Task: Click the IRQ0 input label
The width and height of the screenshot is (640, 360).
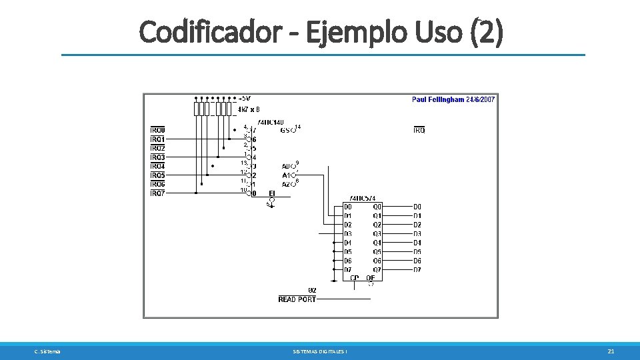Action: point(158,130)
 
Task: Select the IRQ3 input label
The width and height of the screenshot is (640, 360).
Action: point(158,157)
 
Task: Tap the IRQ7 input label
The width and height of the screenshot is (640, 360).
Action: point(158,193)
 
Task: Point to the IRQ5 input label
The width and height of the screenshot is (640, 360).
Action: point(158,175)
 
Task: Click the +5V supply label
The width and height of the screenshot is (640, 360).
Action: point(245,99)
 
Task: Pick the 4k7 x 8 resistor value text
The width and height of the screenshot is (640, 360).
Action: point(249,109)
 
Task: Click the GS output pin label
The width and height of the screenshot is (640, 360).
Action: point(285,131)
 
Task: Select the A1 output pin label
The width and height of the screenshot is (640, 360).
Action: point(285,175)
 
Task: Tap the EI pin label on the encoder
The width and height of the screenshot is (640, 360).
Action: point(271,193)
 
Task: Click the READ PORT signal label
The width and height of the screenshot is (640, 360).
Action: point(297,299)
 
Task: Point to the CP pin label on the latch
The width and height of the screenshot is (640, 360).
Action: point(354,277)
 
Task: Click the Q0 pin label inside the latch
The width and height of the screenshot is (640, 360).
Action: point(377,207)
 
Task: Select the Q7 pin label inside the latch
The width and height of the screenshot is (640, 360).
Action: point(377,269)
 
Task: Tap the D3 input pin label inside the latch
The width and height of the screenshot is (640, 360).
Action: point(348,234)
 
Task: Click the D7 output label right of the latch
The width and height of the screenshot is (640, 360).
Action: point(417,269)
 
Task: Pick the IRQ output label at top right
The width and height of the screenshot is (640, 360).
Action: point(419,130)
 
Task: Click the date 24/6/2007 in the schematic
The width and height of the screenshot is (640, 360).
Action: point(481,99)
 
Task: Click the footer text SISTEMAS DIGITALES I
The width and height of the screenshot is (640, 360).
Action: point(320,351)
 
